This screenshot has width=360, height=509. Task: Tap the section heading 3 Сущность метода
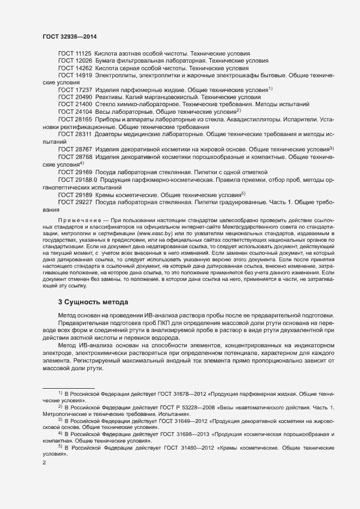pos(93,302)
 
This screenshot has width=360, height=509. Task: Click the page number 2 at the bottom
pos(45,463)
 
